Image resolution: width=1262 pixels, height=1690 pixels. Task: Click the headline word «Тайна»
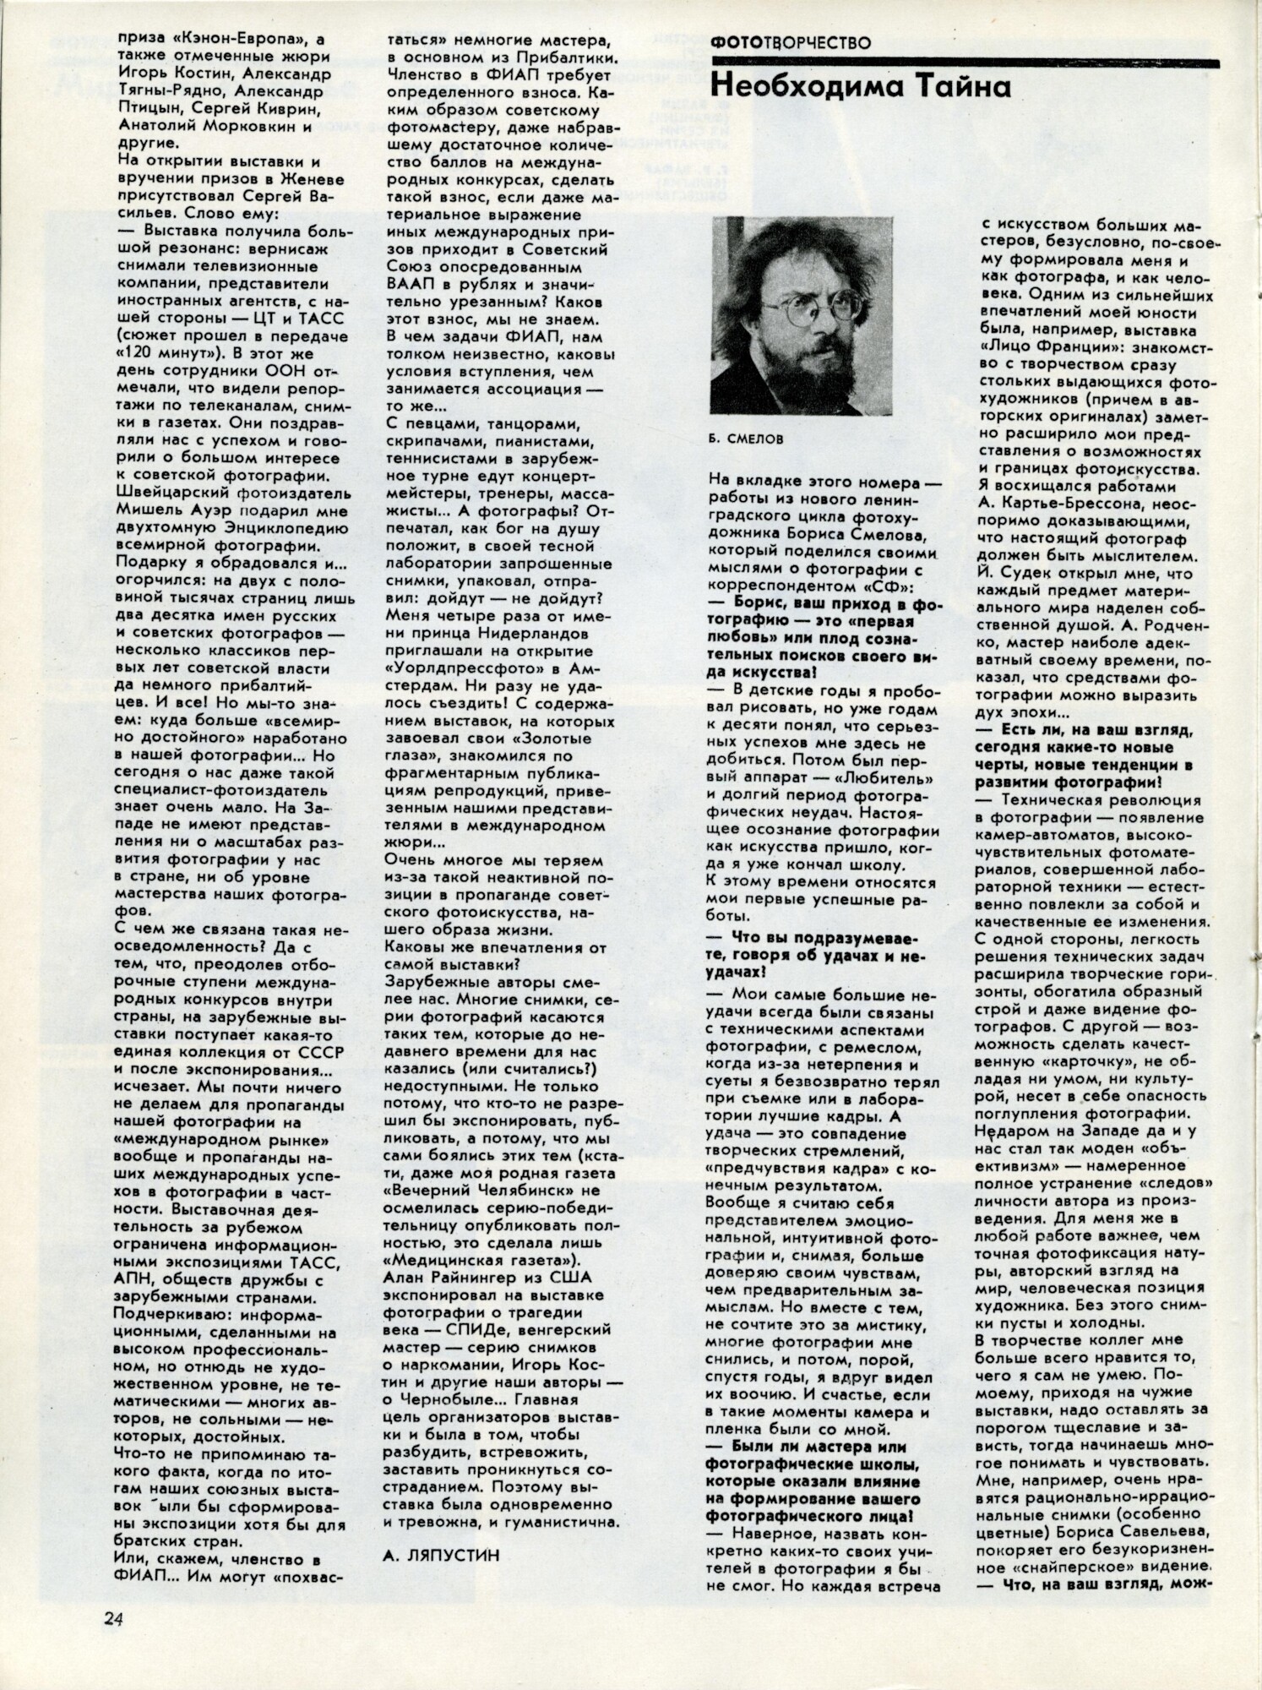click(957, 87)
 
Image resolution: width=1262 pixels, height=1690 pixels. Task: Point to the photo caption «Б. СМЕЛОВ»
click(747, 439)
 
